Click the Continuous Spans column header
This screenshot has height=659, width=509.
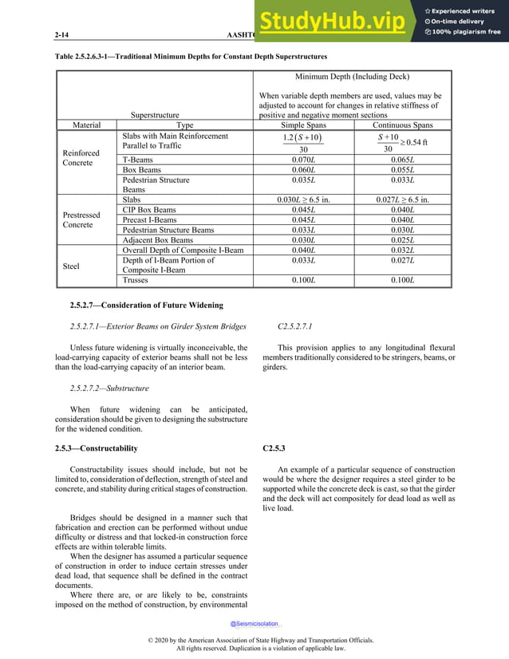(x=404, y=125)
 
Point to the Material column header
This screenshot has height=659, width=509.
(x=87, y=125)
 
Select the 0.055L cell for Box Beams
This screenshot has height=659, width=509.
(x=404, y=170)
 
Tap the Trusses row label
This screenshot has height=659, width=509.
(x=138, y=281)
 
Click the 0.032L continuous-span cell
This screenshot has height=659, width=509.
(x=404, y=251)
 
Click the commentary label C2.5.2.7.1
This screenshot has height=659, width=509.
(x=295, y=326)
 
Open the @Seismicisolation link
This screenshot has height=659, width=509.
(x=254, y=624)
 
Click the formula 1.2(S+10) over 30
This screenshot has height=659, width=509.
(x=303, y=143)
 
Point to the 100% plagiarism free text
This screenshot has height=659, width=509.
(x=468, y=32)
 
